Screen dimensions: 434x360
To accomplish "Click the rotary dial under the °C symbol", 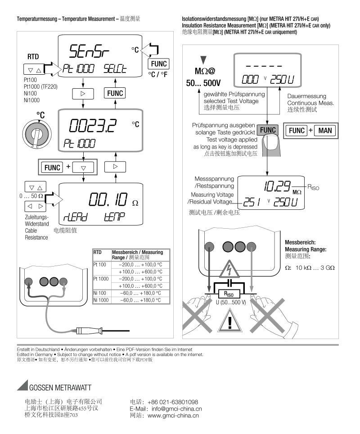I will click(38, 134).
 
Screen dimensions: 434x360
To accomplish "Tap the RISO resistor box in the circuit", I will click(229, 293).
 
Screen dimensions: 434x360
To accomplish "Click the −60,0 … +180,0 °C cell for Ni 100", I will click(140, 293).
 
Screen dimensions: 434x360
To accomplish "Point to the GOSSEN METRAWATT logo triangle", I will click(22, 386).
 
